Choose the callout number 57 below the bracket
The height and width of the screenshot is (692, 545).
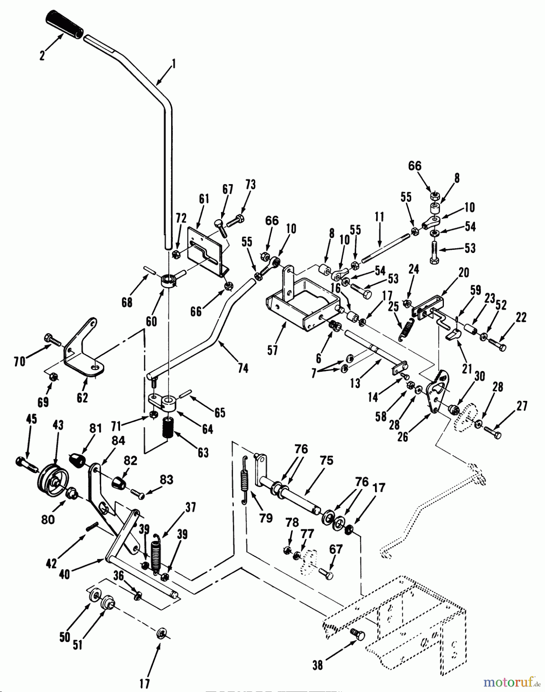pyautogui.click(x=273, y=351)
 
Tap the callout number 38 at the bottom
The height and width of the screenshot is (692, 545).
pyautogui.click(x=317, y=665)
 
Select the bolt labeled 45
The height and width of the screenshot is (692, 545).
pyautogui.click(x=26, y=464)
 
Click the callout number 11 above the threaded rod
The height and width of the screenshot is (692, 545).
pyautogui.click(x=379, y=217)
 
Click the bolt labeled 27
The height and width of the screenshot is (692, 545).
pyautogui.click(x=493, y=432)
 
